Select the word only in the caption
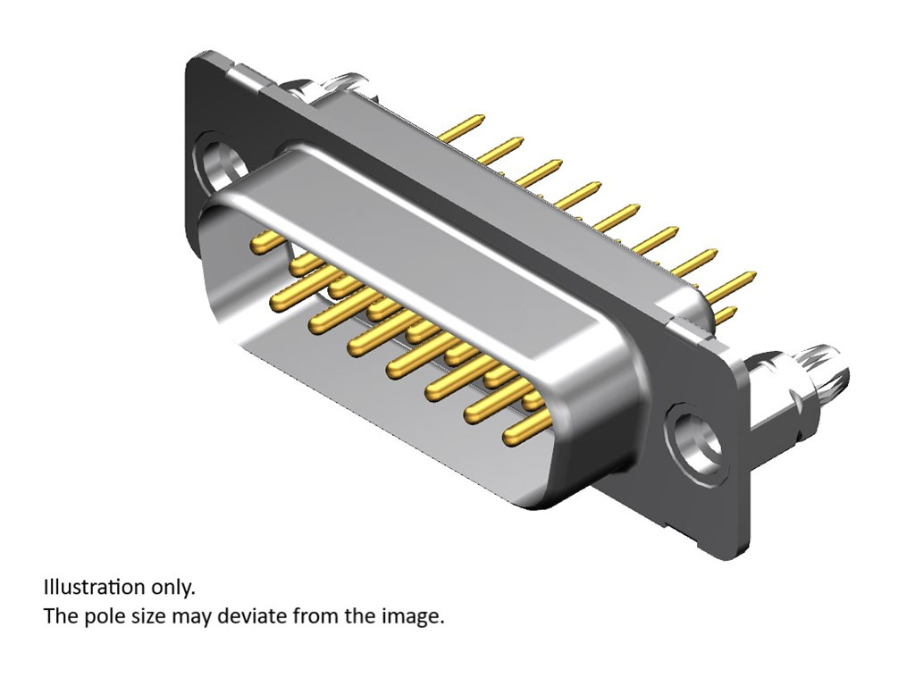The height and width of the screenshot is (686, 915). pos(171,589)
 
